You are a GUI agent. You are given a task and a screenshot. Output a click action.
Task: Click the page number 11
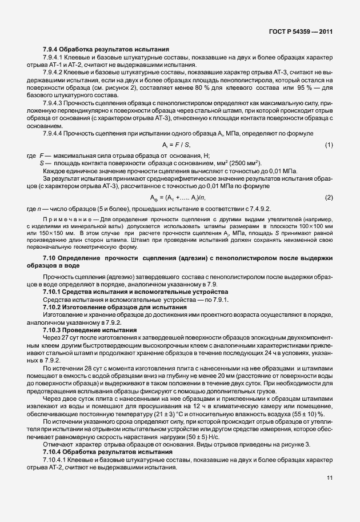[330, 494]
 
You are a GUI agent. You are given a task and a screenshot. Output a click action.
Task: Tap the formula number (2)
[329, 197]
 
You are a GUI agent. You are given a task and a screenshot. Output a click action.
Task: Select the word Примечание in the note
[65, 219]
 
